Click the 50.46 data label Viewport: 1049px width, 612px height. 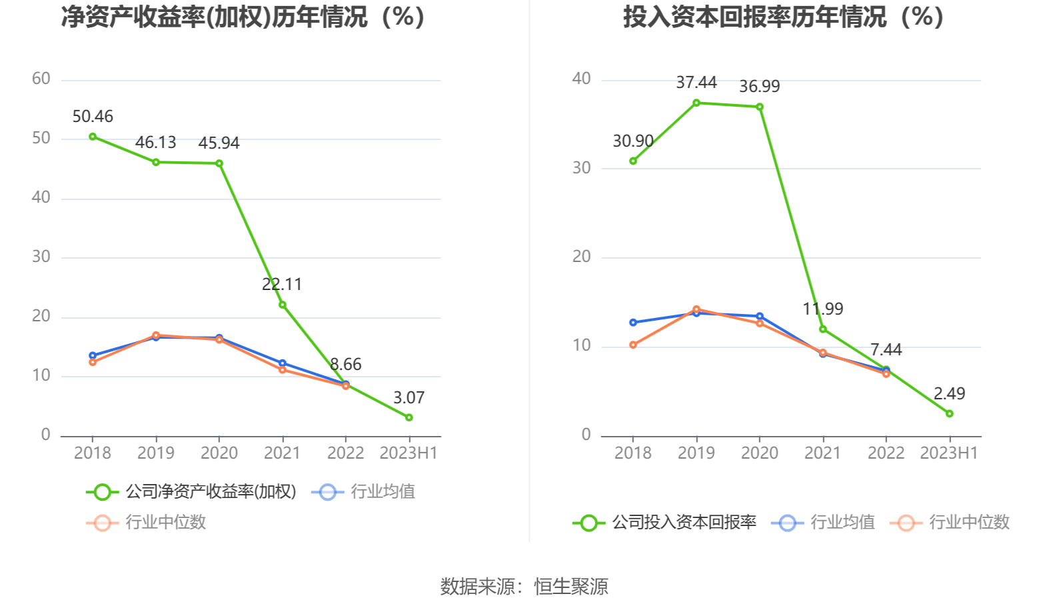pyautogui.click(x=93, y=117)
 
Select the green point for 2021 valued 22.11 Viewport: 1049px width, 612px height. pyautogui.click(x=283, y=305)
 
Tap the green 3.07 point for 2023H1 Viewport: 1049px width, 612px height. pyautogui.click(x=409, y=417)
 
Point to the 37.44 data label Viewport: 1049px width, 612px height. pyautogui.click(x=696, y=83)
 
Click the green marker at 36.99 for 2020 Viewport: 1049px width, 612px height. pyautogui.click(x=760, y=107)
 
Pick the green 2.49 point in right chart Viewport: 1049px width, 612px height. pyautogui.click(x=949, y=413)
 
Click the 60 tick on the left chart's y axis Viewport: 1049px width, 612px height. pyautogui.click(x=41, y=79)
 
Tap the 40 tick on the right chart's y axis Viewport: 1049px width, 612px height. pyautogui.click(x=581, y=79)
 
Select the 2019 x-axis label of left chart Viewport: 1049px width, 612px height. pyautogui.click(x=156, y=453)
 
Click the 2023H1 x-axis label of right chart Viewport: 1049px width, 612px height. pyautogui.click(x=949, y=453)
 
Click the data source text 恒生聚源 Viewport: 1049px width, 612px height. pyautogui.click(x=571, y=587)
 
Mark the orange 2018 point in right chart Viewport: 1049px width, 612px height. pyautogui.click(x=633, y=345)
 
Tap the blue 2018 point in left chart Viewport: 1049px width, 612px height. pyautogui.click(x=93, y=355)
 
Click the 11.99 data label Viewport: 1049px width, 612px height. pyautogui.click(x=823, y=309)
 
